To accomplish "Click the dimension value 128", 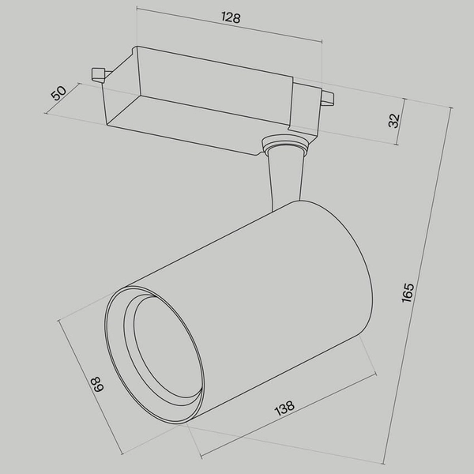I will click(x=231, y=17).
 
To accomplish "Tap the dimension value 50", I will click(x=58, y=93).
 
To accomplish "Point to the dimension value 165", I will click(x=408, y=292).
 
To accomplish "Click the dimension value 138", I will click(x=284, y=408).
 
